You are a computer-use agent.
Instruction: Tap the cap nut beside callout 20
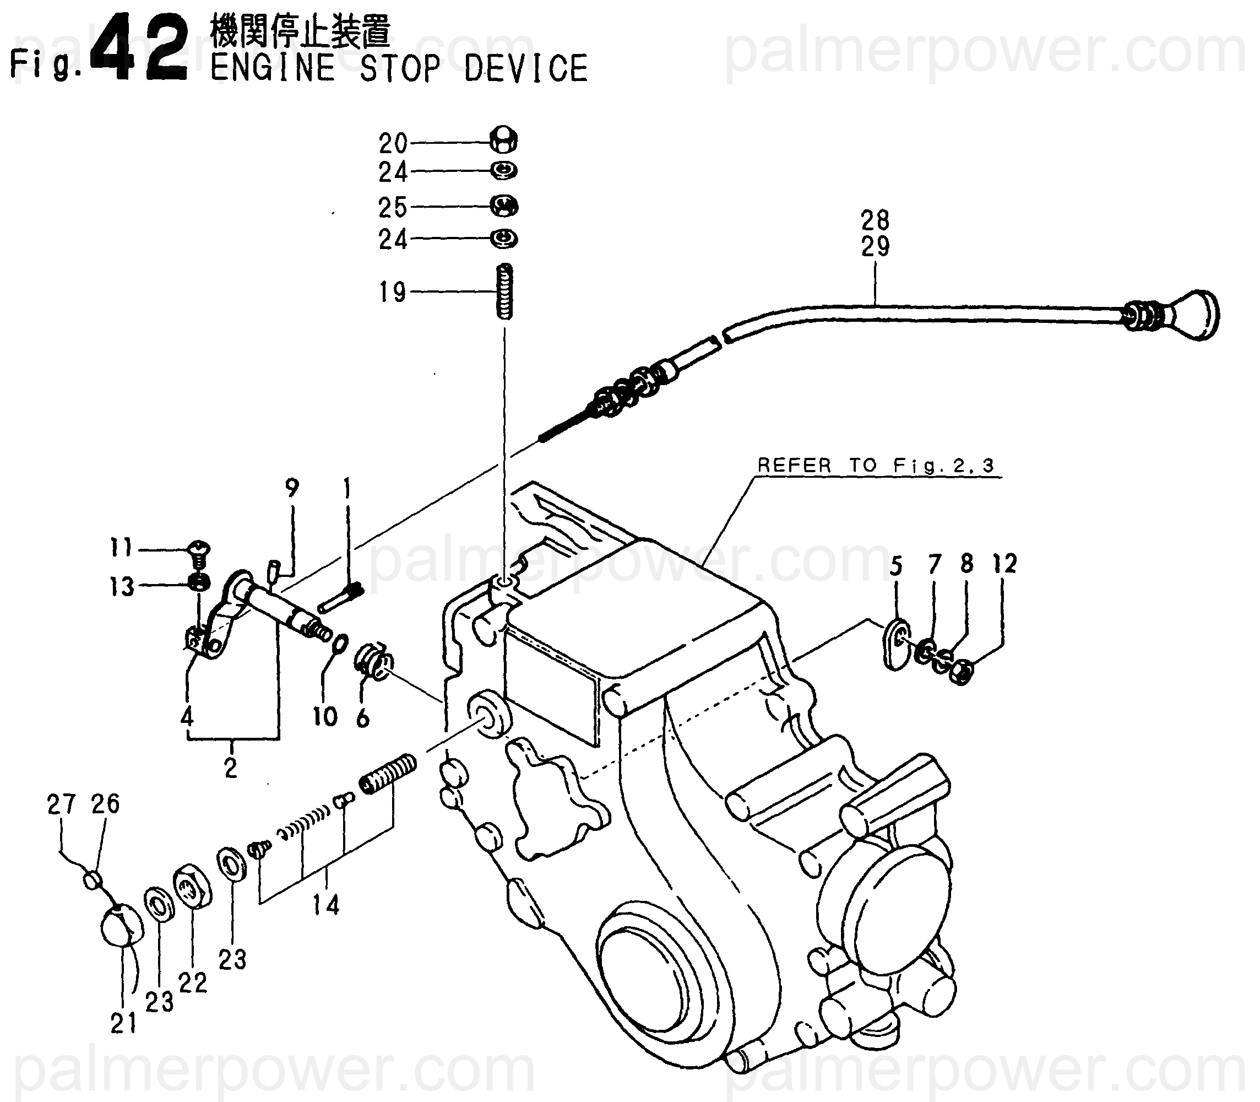504,141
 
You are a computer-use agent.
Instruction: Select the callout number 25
393,208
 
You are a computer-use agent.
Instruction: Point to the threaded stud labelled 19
504,291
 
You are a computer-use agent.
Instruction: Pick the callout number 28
875,219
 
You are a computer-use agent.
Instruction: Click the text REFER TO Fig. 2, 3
875,466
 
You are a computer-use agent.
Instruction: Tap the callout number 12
1004,563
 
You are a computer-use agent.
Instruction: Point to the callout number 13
121,587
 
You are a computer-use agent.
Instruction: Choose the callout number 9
292,488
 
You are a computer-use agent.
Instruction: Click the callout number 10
325,716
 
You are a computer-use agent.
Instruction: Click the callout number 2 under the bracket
231,768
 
